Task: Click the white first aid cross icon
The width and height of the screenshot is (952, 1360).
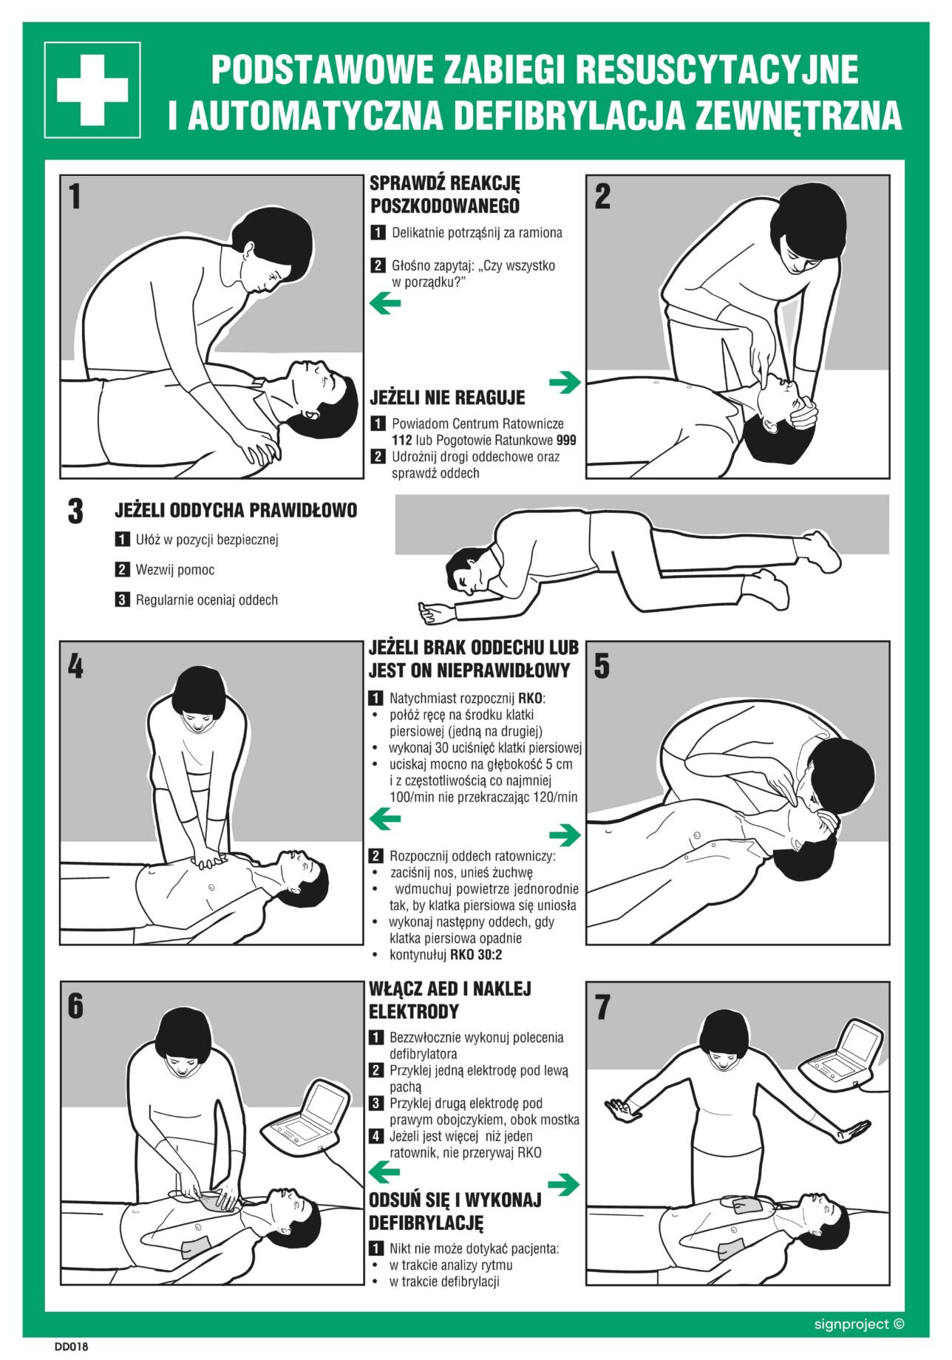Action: coord(92,90)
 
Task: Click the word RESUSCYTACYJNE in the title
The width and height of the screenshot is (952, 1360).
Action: coord(716,69)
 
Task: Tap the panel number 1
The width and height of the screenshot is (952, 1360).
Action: coord(74,197)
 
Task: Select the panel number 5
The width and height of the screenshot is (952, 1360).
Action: coord(602,666)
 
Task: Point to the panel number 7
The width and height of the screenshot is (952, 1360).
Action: coord(602,1007)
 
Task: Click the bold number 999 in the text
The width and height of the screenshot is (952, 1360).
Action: coord(566,441)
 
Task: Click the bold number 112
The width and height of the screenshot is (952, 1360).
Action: coord(402,441)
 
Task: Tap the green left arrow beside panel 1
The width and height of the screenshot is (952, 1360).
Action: coord(385,303)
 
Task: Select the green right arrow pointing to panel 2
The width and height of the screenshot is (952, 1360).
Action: coord(565,382)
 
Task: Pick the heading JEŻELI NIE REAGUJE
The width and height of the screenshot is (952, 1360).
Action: coord(447,398)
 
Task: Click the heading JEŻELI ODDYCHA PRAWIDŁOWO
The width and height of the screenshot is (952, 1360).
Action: coord(236,510)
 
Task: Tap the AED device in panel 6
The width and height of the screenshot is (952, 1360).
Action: coord(305,1117)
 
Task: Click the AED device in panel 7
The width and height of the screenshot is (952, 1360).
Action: coord(843,1053)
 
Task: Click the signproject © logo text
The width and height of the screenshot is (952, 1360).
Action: coord(859,1324)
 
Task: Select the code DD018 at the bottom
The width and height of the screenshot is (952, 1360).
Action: coord(71,1347)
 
